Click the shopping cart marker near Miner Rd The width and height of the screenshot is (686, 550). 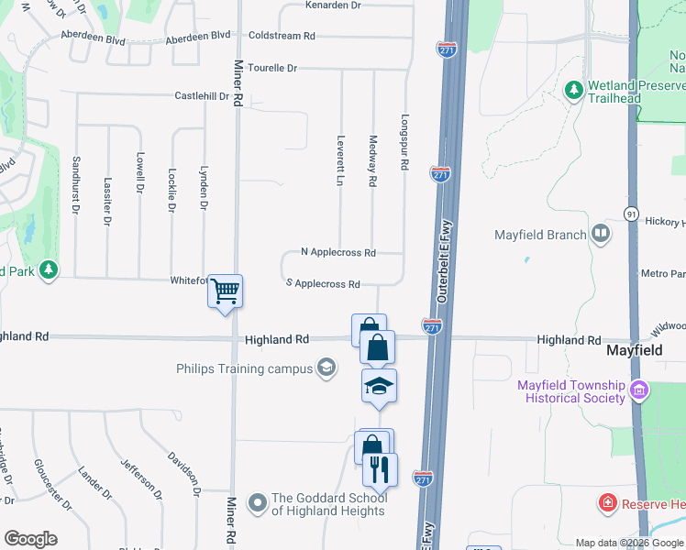225,292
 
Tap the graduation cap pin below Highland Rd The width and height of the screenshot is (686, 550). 379,387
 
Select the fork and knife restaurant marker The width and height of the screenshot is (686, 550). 380,470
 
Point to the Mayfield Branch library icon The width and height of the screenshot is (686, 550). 601,234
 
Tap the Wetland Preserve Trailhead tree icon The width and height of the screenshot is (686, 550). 574,90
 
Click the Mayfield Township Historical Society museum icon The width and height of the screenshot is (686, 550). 639,391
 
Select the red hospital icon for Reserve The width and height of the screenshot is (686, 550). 606,502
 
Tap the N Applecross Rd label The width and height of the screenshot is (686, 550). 338,252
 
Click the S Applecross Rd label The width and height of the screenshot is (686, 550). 323,284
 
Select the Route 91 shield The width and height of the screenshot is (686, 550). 631,214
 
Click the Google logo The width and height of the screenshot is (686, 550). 30,539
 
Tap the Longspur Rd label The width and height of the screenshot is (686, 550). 404,142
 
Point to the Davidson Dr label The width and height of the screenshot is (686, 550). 183,473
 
